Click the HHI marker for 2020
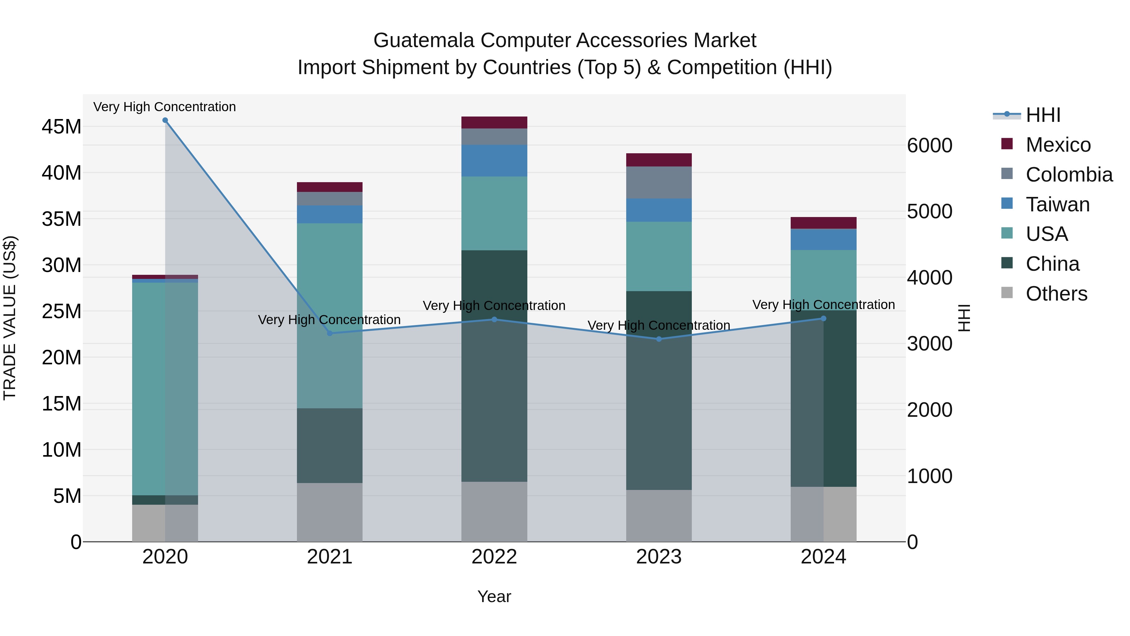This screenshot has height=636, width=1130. click(x=165, y=120)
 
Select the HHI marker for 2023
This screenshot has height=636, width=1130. click(x=659, y=339)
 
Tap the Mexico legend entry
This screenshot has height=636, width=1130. click(x=1057, y=145)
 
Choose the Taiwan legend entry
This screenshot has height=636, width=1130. click(x=1057, y=204)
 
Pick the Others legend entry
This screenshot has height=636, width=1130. click(x=1056, y=294)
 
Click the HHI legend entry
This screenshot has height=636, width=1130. click(x=1043, y=115)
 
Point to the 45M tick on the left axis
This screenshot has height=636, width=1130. click(x=62, y=127)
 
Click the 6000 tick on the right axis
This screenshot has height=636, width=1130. click(x=929, y=146)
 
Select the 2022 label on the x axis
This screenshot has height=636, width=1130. click(x=494, y=557)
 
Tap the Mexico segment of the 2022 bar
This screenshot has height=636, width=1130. click(x=494, y=122)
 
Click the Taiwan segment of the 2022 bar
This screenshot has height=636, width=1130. click(x=494, y=160)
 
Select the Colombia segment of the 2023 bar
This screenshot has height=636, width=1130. click(x=659, y=182)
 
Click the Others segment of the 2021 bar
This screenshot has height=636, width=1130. click(x=330, y=512)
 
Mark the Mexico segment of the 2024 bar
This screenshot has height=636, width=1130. click(x=823, y=223)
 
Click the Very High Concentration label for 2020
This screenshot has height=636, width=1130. click(x=164, y=107)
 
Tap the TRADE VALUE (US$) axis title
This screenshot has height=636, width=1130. click(x=10, y=318)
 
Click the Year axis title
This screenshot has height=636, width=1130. click(x=494, y=596)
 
